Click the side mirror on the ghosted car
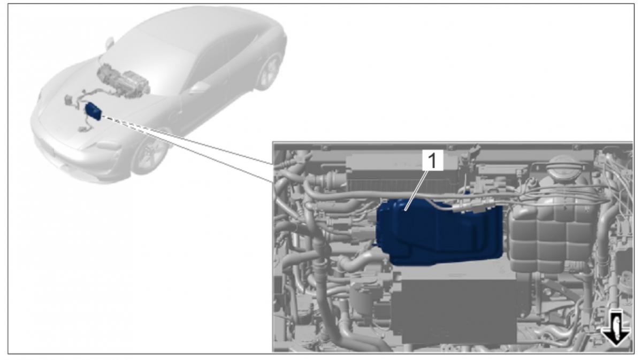click(x=110, y=43)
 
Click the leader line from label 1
click(x=416, y=190)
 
